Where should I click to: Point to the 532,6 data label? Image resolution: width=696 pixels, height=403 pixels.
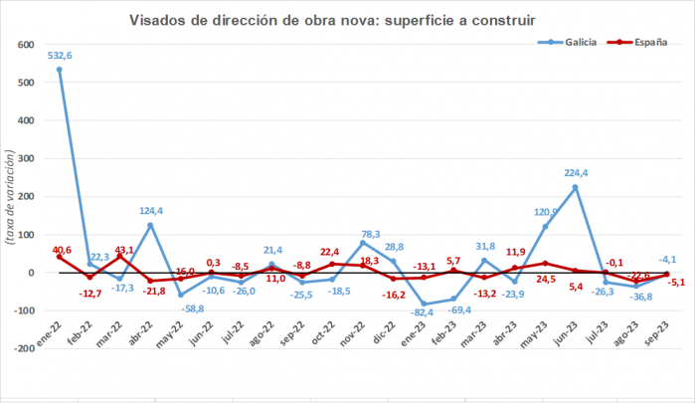pos(60,56)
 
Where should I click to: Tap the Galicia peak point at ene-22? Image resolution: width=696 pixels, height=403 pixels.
pos(60,69)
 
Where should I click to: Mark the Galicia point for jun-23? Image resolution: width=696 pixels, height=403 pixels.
pos(575,187)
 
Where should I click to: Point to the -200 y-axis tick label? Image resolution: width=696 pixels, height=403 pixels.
pos(25,349)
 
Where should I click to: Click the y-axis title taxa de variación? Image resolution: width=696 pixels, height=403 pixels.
pos(10,197)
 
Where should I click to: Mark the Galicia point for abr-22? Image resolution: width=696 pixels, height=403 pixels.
pos(150,225)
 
